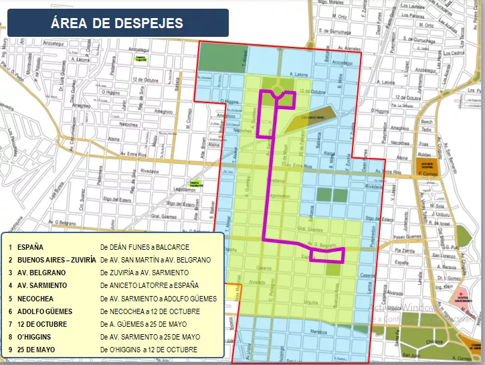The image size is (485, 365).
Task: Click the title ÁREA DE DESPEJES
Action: click(116, 23)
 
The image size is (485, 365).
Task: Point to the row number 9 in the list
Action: click(10, 350)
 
